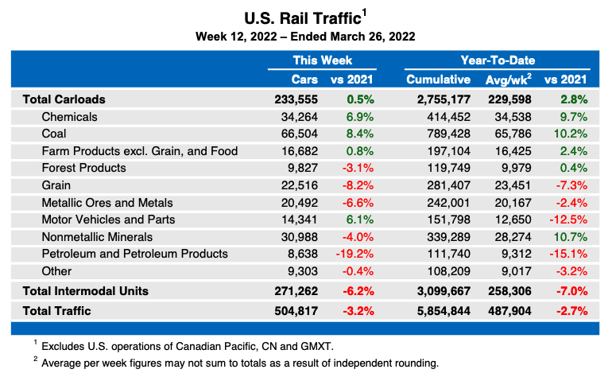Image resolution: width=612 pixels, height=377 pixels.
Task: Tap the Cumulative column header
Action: (439, 80)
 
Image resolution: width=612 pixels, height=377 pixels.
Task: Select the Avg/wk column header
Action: (509, 80)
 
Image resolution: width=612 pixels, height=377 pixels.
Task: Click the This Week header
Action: (322, 60)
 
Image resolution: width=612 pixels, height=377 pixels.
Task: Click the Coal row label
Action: (55, 134)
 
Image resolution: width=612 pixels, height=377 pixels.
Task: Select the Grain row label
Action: (56, 185)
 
